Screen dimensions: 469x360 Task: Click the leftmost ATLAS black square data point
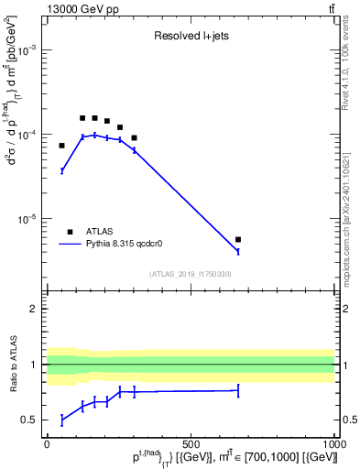pyautogui.click(x=62, y=146)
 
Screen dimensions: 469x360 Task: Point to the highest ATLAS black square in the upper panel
pyautogui.click(x=82, y=118)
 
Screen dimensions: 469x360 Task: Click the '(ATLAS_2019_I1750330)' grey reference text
pyautogui.click(x=191, y=274)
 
